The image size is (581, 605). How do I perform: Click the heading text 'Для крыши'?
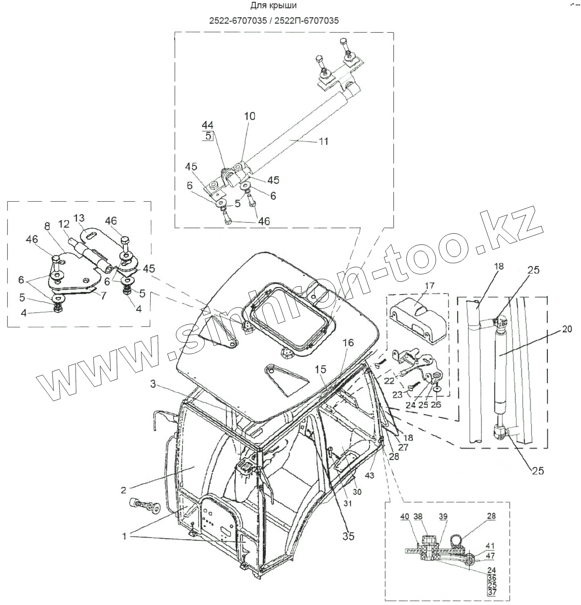[x=274, y=6]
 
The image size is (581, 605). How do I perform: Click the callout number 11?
[x=323, y=141]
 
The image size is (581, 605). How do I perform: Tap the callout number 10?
[x=249, y=116]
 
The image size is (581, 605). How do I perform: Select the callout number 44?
[x=207, y=125]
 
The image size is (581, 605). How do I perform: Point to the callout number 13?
[x=79, y=218]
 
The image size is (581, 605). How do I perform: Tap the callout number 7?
[x=103, y=295]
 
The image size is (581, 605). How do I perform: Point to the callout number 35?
[x=348, y=536]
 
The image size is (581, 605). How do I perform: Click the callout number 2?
[x=123, y=489]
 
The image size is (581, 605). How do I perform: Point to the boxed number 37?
[x=492, y=593]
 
